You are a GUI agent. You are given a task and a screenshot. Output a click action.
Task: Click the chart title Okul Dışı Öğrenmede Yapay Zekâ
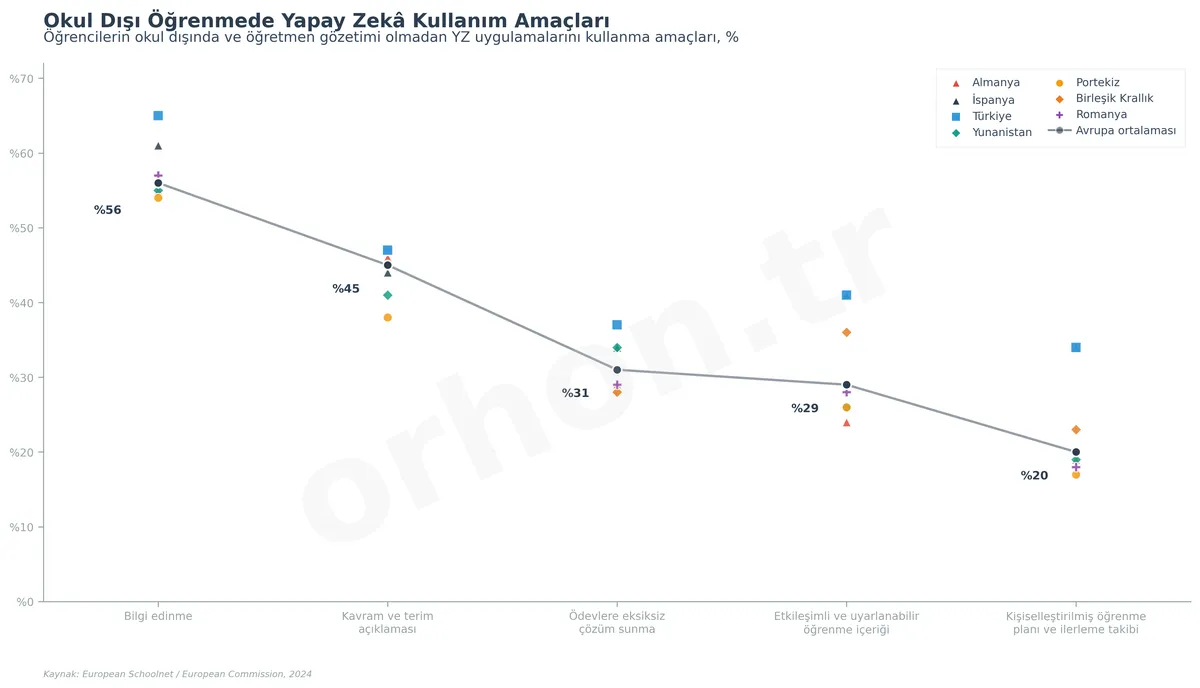point(326,20)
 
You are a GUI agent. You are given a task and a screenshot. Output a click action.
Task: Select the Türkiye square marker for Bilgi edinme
point(158,116)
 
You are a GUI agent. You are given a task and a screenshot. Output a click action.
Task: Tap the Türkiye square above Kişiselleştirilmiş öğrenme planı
point(1075,348)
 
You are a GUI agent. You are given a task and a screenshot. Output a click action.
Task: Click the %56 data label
point(107,210)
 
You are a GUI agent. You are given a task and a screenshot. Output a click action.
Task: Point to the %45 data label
point(346,289)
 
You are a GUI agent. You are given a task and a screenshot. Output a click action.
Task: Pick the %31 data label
point(575,393)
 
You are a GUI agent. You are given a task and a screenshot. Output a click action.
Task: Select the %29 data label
point(804,408)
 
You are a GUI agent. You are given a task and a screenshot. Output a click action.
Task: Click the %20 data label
point(1034,476)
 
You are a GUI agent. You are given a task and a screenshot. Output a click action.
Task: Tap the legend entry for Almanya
point(995,83)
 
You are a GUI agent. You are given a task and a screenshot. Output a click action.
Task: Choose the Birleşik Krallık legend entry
point(1114,99)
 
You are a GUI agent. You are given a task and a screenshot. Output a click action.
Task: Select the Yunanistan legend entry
point(1001,132)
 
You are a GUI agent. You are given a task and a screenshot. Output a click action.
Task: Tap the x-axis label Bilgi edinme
point(158,616)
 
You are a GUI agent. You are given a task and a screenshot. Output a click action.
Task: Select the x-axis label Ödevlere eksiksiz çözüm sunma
point(617,622)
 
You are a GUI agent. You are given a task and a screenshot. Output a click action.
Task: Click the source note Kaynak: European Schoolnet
point(177,674)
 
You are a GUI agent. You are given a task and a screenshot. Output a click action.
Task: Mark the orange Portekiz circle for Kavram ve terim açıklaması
point(387,318)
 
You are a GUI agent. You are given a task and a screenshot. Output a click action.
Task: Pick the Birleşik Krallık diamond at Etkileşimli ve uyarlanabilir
point(846,332)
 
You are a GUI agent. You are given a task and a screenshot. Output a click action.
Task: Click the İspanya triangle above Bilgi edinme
point(158,146)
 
